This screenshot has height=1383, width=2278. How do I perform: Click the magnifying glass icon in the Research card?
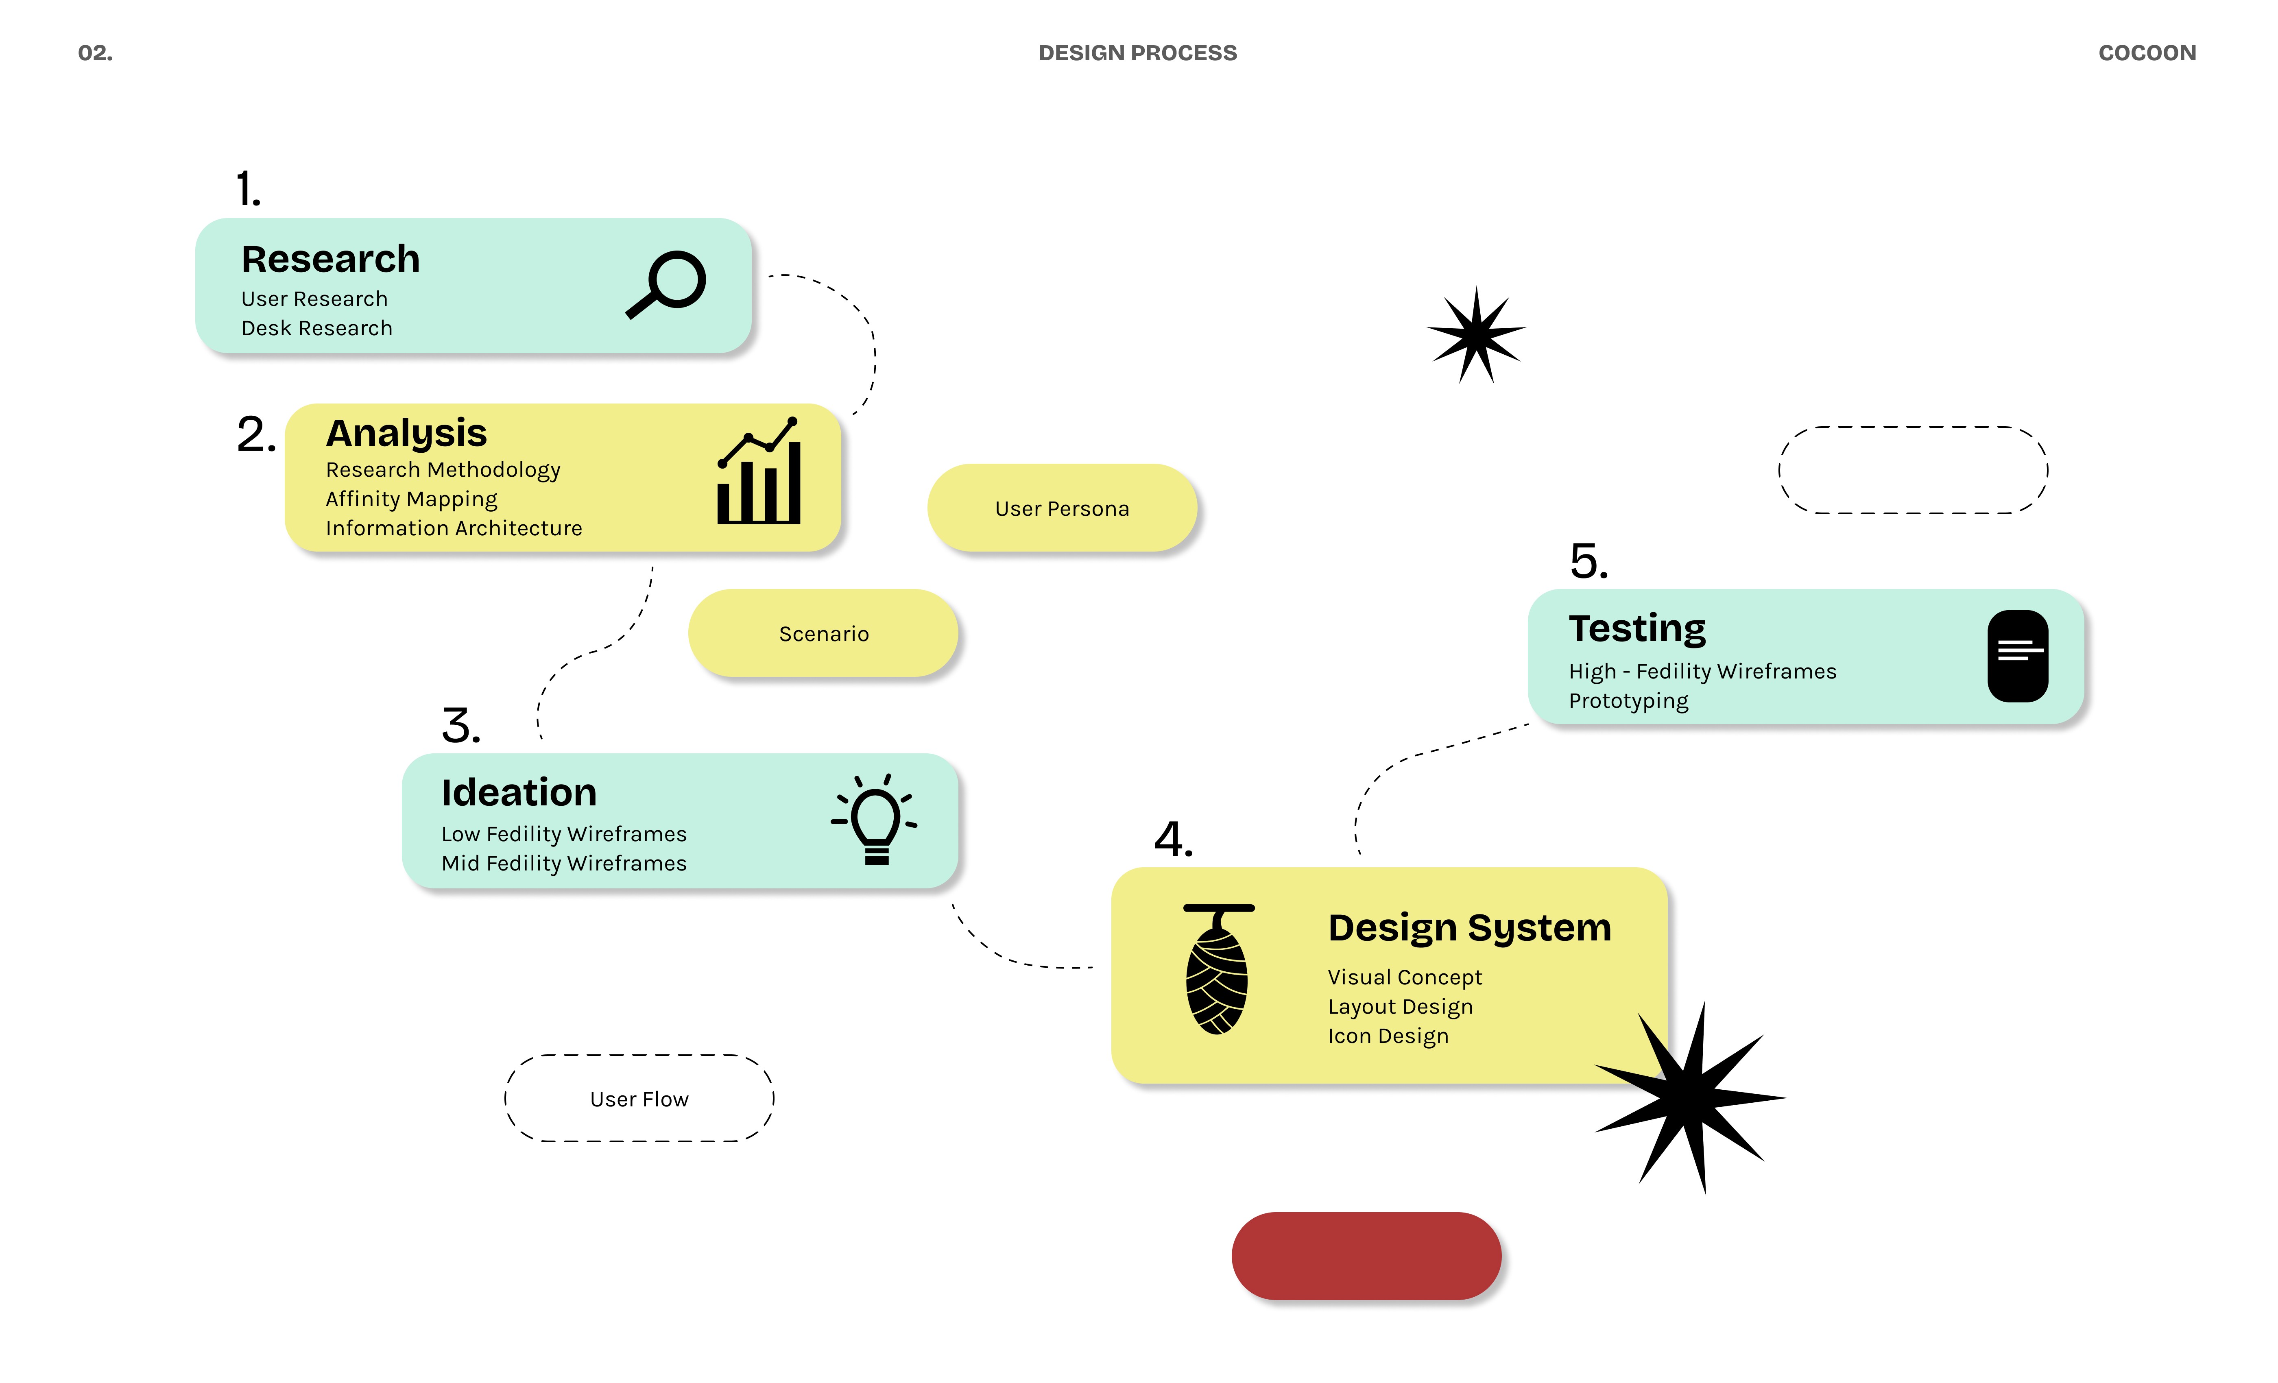667,284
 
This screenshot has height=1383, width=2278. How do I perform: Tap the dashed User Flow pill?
639,1098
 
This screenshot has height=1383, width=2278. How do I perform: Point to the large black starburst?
1691,1097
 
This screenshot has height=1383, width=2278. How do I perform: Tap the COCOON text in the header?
2147,53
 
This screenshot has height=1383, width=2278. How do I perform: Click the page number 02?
95,53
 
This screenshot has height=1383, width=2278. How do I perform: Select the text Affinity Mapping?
411,499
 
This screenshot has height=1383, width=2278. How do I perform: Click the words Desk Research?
317,328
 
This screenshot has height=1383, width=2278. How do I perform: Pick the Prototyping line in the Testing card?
1628,701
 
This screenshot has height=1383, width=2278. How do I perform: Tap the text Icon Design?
1388,1036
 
